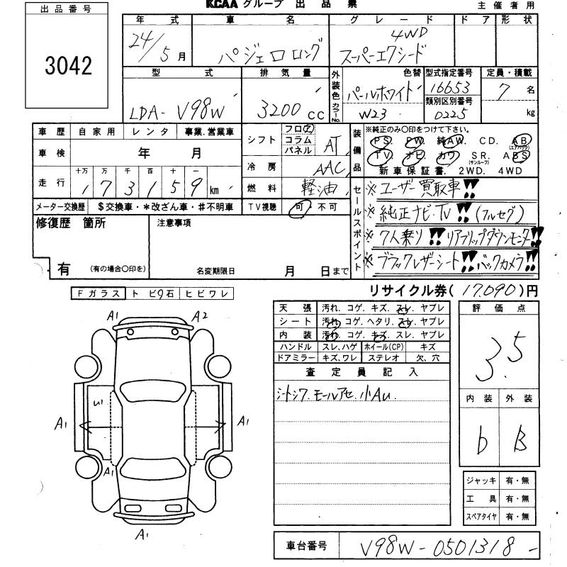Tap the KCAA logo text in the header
pyautogui.click(x=222, y=5)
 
